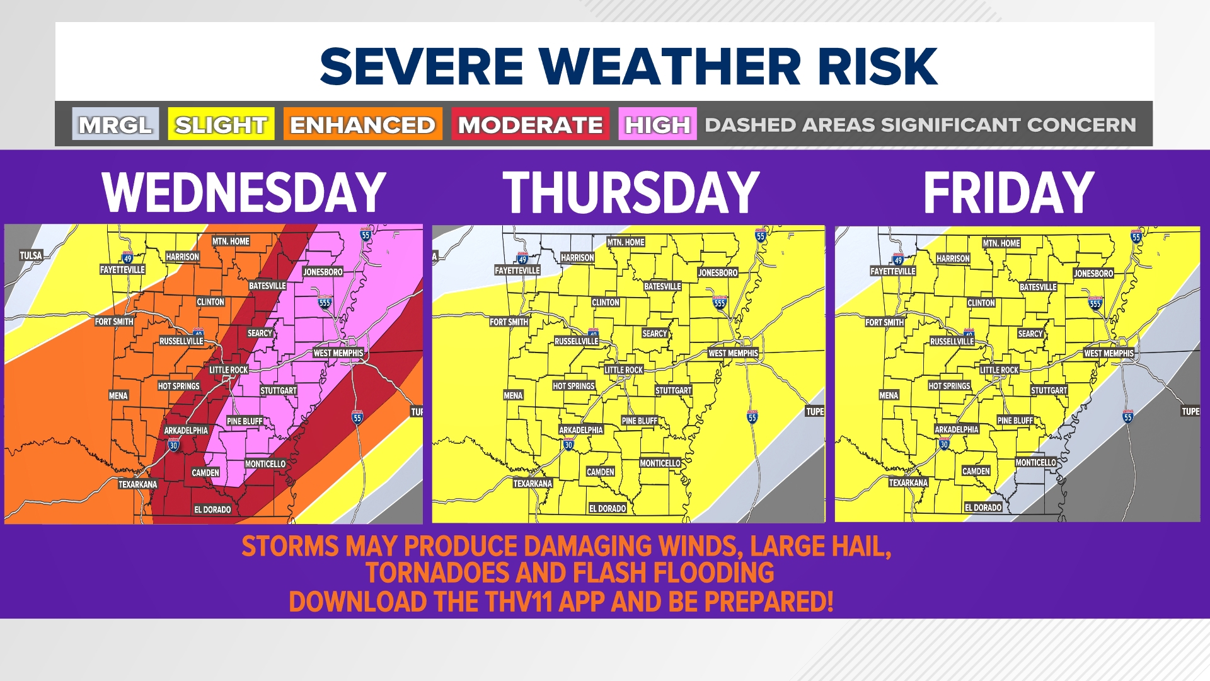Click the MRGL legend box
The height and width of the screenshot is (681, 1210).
point(115,124)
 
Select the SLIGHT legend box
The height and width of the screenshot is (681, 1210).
point(221,124)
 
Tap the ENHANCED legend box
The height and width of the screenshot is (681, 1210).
point(362,124)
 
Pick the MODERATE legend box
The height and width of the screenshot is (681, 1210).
point(530,124)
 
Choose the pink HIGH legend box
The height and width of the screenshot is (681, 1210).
point(657,124)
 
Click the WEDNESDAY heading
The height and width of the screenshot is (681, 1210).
point(244,192)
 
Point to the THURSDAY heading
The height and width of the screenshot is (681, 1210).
point(631,192)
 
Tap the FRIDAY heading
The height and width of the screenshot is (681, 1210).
point(1008,192)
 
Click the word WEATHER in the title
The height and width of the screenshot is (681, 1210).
point(671,66)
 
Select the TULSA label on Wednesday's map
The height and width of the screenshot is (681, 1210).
point(31,255)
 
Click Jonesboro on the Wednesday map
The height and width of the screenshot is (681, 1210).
point(323,272)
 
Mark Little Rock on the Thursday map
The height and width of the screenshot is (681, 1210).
point(623,370)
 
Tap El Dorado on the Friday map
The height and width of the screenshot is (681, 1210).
point(983,508)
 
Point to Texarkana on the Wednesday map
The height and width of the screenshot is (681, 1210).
point(137,484)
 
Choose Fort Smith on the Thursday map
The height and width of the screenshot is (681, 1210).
point(509,322)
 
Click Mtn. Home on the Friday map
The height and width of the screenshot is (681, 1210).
point(1001,243)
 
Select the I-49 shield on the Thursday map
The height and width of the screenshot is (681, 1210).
point(522,259)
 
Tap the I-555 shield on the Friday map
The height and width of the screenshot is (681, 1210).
point(1095,303)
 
